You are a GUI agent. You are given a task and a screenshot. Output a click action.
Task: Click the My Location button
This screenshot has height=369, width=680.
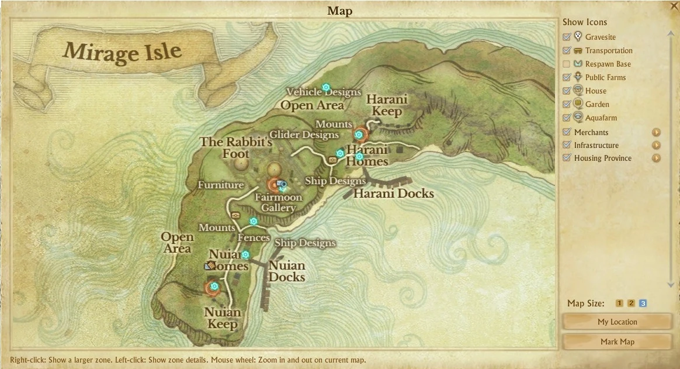(617, 322)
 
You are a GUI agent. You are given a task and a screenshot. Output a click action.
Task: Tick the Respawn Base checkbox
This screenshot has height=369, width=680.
(566, 64)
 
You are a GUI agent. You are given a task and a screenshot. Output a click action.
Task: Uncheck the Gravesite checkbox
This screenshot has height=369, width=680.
(566, 37)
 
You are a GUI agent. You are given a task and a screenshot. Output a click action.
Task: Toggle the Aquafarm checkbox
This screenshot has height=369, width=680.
(566, 118)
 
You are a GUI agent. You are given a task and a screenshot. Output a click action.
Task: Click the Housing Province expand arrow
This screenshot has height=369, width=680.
(656, 158)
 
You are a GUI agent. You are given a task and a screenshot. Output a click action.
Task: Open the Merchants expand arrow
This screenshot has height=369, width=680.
(656, 132)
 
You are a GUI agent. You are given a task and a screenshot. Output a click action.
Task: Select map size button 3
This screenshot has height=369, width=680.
(643, 303)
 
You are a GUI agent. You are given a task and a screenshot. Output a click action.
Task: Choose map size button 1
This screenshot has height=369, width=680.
(619, 303)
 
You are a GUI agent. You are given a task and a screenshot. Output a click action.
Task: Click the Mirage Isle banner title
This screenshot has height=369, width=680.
(122, 52)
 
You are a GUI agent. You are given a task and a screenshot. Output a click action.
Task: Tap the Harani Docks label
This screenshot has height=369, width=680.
(394, 193)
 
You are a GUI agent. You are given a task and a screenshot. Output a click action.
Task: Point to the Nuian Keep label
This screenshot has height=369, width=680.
(223, 318)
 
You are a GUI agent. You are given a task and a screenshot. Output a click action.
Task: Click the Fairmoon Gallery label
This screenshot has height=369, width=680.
(278, 202)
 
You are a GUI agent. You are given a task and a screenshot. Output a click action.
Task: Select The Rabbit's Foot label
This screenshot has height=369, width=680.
(236, 148)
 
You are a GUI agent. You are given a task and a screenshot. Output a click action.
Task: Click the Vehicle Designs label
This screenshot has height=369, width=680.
(323, 92)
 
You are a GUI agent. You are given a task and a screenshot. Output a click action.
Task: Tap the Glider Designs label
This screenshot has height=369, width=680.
(304, 135)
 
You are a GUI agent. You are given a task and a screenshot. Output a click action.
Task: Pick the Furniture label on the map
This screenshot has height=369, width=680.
(220, 185)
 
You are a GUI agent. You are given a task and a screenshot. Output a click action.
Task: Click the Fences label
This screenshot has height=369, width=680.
(254, 237)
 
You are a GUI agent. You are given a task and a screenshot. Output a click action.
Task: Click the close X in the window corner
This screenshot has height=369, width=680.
(674, 6)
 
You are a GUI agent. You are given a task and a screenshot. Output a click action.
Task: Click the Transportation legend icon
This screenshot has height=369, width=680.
(578, 50)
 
